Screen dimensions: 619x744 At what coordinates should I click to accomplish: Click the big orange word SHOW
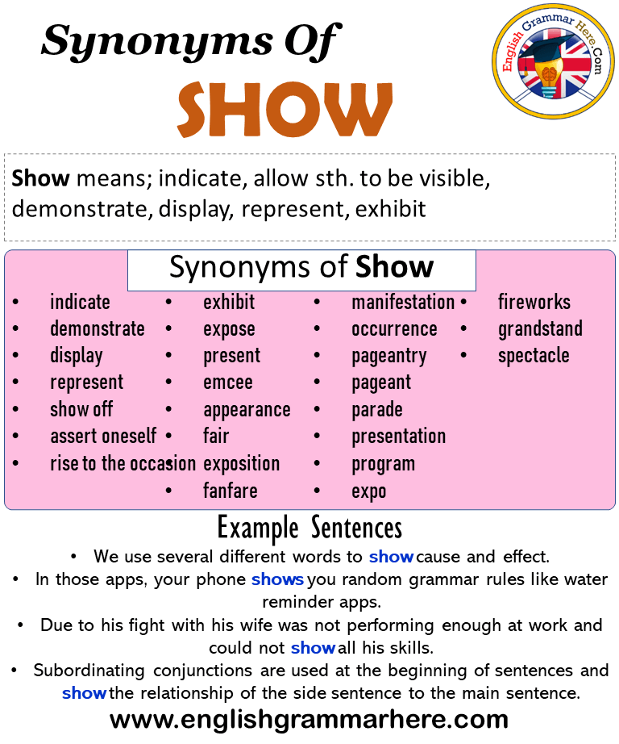pos(285,109)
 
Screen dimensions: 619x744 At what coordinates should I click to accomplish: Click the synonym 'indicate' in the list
pos(80,303)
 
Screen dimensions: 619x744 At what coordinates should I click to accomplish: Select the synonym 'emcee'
pos(228,382)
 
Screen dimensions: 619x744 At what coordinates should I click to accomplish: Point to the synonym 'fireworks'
pos(534,303)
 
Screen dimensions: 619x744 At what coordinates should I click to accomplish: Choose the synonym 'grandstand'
pos(540,328)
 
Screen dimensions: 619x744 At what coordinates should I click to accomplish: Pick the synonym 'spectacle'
pos(534,356)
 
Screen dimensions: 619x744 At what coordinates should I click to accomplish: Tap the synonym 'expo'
pos(369,492)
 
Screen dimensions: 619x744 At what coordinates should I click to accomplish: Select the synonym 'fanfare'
pos(231,491)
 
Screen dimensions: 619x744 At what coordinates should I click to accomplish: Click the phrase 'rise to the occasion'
pos(123,463)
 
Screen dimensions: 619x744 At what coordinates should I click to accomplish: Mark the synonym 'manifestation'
pos(403,303)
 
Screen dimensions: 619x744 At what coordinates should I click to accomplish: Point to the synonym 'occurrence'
pos(394,329)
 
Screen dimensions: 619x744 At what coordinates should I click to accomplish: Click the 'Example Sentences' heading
pos(309,529)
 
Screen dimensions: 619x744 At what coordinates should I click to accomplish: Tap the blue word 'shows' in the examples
pos(277,579)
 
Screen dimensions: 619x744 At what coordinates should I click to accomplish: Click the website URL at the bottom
pos(309,720)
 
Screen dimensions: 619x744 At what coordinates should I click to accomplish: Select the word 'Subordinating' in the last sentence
pos(89,671)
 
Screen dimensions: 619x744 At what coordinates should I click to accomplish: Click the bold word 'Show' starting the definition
pos(41,179)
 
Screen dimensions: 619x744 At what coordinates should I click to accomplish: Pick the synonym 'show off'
pos(81,409)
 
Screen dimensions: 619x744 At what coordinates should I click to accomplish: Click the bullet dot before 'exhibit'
pos(168,303)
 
